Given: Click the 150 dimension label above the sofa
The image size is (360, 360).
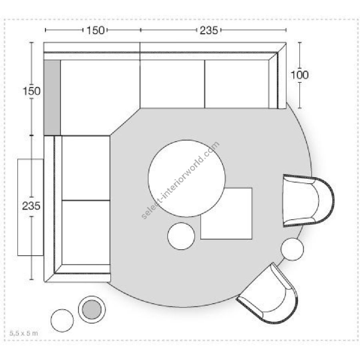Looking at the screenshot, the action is click(x=95, y=30).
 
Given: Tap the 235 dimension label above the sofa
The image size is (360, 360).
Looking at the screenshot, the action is click(x=209, y=30).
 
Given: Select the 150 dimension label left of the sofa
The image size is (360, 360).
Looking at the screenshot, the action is click(x=32, y=91).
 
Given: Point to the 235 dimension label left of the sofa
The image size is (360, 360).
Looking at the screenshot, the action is click(x=31, y=206).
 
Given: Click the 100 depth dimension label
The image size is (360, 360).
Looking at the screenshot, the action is click(x=300, y=75).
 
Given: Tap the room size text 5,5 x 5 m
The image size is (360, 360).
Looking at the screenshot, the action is click(x=24, y=333).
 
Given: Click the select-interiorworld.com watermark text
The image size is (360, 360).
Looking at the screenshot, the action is click(x=180, y=180).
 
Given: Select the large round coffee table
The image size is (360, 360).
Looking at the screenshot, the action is click(x=187, y=178).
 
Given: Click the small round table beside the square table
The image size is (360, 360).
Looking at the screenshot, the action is click(x=181, y=236).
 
